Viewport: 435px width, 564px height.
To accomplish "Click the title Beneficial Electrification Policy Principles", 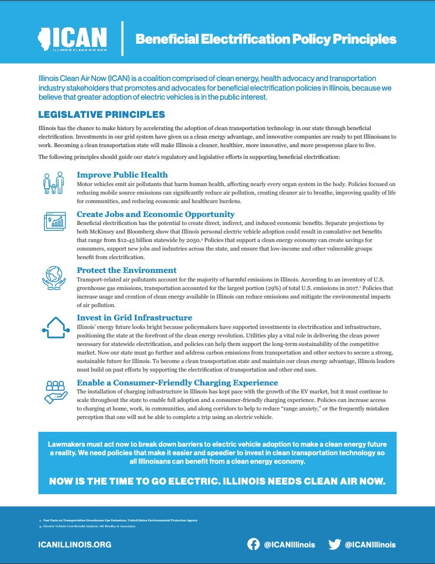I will click(x=265, y=39).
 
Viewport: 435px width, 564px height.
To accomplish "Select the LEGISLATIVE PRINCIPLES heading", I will click(x=101, y=115).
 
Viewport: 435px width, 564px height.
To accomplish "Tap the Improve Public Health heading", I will click(x=122, y=175).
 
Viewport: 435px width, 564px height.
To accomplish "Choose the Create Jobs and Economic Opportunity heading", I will click(x=156, y=214).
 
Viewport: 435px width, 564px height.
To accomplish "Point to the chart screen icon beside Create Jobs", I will click(x=54, y=221).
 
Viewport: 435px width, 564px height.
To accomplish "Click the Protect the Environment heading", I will click(x=126, y=270).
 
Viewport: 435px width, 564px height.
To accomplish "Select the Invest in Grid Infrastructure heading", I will click(x=134, y=318).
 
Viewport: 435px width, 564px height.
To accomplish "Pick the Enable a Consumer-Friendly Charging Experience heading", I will click(x=177, y=383).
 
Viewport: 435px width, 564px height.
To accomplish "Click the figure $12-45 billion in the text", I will click(x=118, y=240).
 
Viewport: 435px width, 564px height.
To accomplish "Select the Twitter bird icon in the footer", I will click(x=334, y=544).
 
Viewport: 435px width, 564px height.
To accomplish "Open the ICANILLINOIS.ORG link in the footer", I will click(x=75, y=545).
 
